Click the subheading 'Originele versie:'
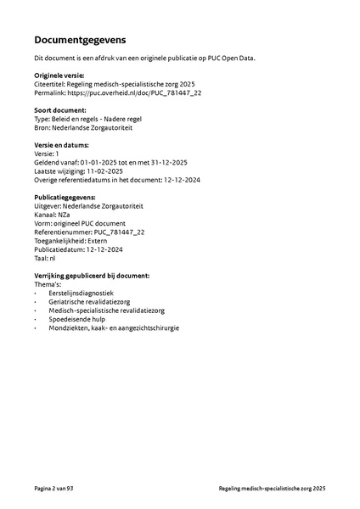coord(60,76)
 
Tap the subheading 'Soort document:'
coord(60,111)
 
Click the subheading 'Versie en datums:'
coord(62,146)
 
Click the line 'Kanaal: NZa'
coord(53,216)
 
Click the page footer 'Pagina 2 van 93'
coord(54,489)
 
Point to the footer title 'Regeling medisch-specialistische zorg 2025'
coord(272,489)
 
